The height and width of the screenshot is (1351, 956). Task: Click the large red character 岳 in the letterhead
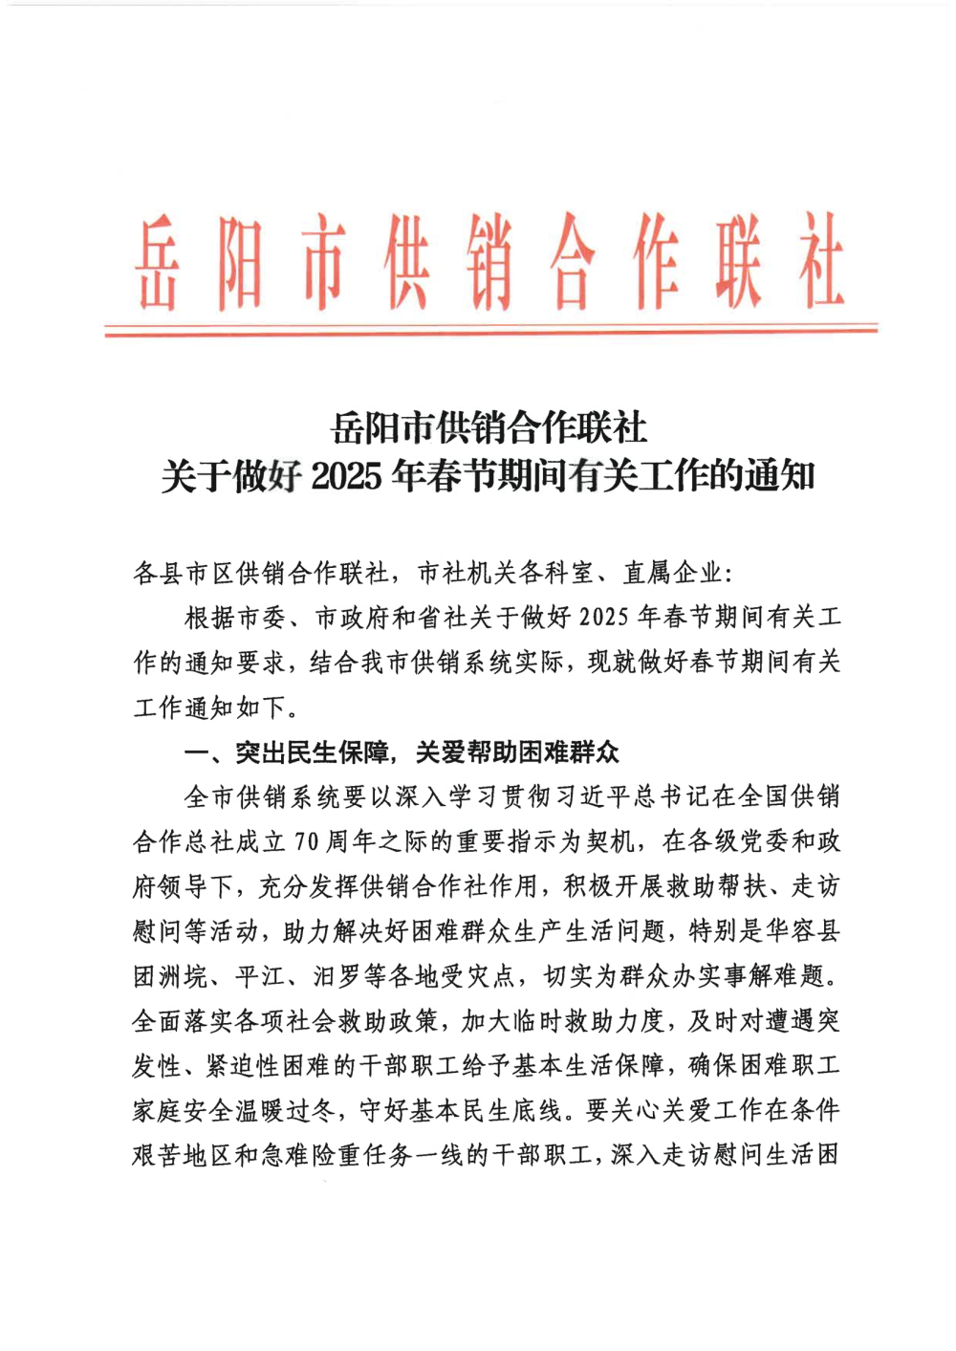coord(156,263)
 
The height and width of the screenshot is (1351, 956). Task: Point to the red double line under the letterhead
coord(490,330)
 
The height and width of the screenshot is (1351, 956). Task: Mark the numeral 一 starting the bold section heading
coord(196,752)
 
